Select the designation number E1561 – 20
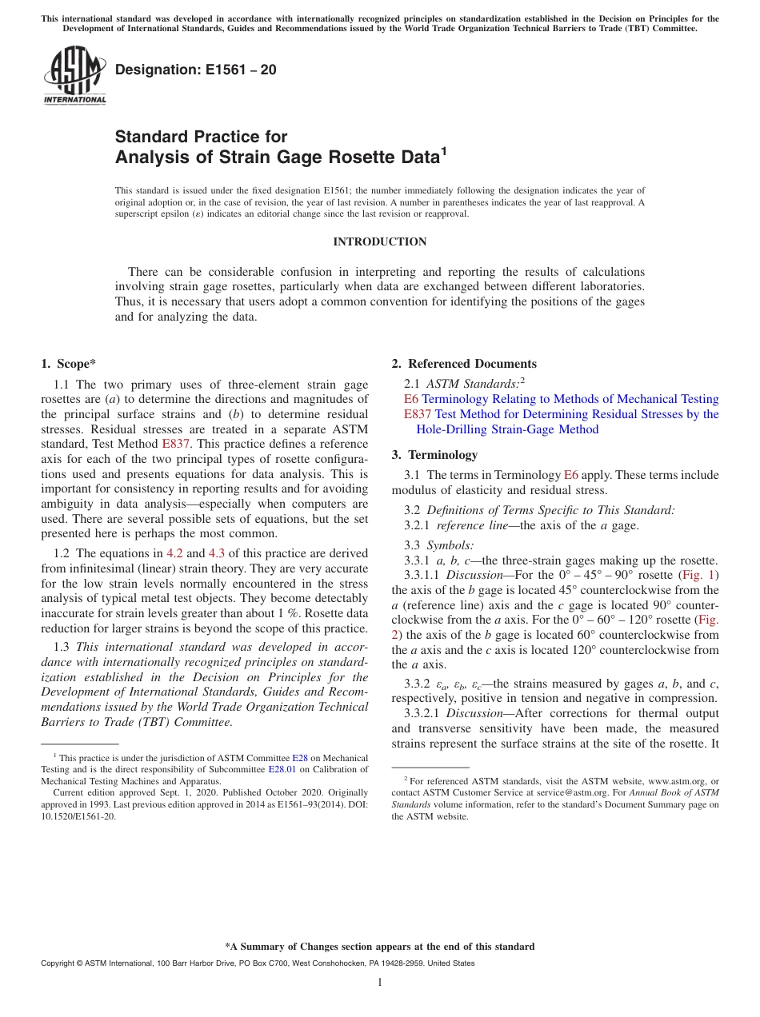click(196, 70)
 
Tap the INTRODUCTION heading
click(379, 241)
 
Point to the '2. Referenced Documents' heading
click(464, 364)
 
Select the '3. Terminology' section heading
click(434, 455)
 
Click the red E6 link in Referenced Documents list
click(411, 399)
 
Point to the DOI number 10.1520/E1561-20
click(78, 816)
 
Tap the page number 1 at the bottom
click(380, 982)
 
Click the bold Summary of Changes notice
click(379, 947)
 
